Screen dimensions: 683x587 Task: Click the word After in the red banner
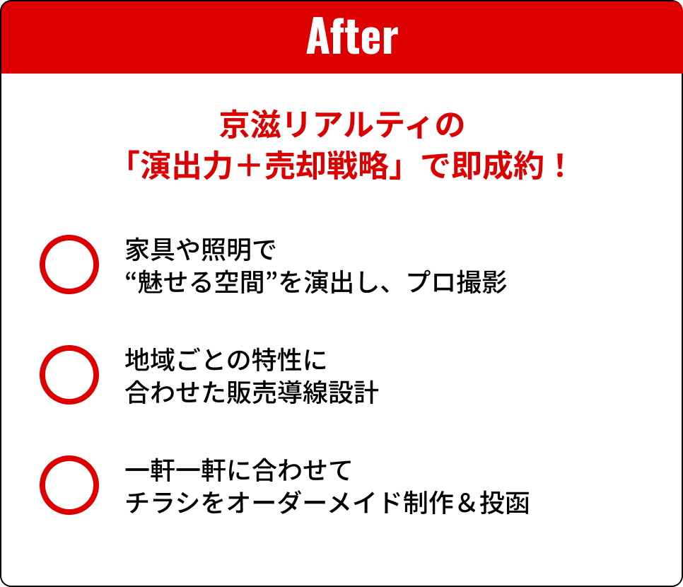pyautogui.click(x=352, y=37)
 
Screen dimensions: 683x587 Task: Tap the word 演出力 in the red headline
pyautogui.click(x=186, y=166)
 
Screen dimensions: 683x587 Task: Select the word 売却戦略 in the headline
pyautogui.click(x=326, y=166)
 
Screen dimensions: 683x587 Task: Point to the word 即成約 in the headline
pyautogui.click(x=498, y=166)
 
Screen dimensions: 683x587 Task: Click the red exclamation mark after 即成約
pyautogui.click(x=560, y=166)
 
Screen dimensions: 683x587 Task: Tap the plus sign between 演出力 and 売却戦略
pyautogui.click(x=248, y=167)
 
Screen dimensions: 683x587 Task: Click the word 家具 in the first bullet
pyautogui.click(x=151, y=250)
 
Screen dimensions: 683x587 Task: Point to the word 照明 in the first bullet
pyautogui.click(x=226, y=250)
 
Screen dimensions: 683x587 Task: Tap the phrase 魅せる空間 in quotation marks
pyautogui.click(x=201, y=282)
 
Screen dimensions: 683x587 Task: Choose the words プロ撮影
pyautogui.click(x=457, y=282)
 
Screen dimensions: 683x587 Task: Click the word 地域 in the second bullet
pyautogui.click(x=151, y=361)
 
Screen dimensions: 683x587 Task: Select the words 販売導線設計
pyautogui.click(x=303, y=393)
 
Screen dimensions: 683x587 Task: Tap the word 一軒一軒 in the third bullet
pyautogui.click(x=175, y=470)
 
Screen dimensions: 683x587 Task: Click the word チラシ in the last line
pyautogui.click(x=163, y=503)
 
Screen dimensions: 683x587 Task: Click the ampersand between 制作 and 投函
pyautogui.click(x=466, y=504)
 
